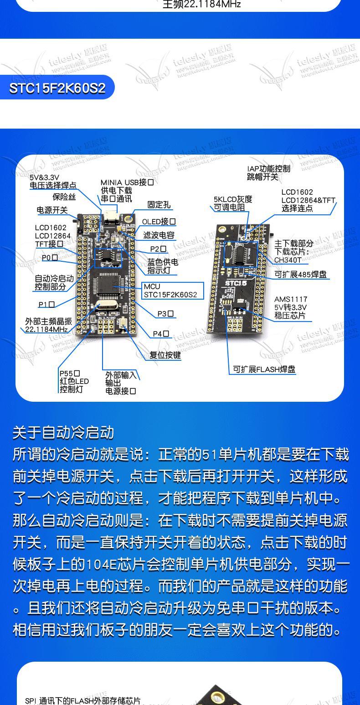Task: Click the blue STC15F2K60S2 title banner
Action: point(57,88)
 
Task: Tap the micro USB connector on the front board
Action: point(110,218)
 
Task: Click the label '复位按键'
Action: point(165,355)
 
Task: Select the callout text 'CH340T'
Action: point(288,260)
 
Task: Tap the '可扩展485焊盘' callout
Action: point(300,275)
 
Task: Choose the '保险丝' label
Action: point(64,197)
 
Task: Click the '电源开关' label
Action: point(52,210)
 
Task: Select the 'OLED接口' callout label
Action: point(159,222)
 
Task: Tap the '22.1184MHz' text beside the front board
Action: point(46,329)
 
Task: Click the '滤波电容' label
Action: point(159,235)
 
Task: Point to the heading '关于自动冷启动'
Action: point(63,432)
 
